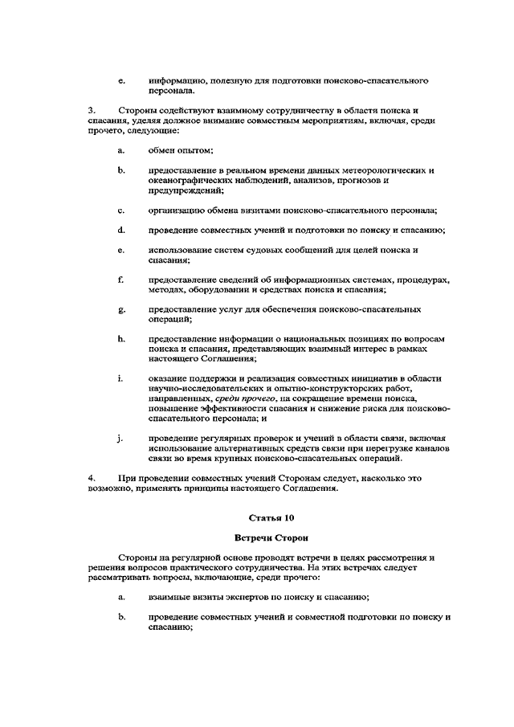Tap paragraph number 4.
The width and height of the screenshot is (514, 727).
pyautogui.click(x=91, y=478)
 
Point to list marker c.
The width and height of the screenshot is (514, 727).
pyautogui.click(x=120, y=210)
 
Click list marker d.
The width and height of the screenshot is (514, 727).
pyautogui.click(x=120, y=231)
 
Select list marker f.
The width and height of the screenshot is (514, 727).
pyautogui.click(x=120, y=280)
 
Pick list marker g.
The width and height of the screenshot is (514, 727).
pyautogui.click(x=120, y=308)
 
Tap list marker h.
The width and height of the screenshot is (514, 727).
pyautogui.click(x=120, y=339)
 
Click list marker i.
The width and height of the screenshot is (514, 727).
pyautogui.click(x=120, y=378)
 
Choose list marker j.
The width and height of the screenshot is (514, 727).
pyautogui.click(x=120, y=439)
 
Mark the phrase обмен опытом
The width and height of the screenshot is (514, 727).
pyautogui.click(x=181, y=151)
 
